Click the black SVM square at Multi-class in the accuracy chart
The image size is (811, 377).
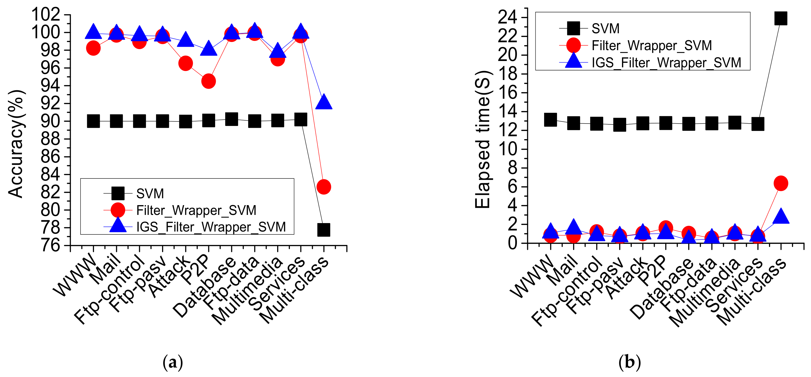(x=324, y=230)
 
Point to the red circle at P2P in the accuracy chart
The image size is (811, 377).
(x=208, y=81)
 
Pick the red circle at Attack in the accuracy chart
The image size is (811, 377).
(x=185, y=64)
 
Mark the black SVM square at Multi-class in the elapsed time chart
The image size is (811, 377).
(x=781, y=18)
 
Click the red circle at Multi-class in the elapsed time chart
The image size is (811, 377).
(x=781, y=183)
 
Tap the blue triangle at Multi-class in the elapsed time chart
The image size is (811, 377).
(x=781, y=217)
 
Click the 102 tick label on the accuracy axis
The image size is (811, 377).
(x=46, y=15)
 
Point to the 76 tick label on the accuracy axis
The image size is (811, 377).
(x=50, y=245)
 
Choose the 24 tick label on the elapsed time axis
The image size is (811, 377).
(x=507, y=17)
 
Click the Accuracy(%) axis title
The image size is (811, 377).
(x=16, y=144)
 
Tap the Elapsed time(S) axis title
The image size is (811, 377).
(x=482, y=139)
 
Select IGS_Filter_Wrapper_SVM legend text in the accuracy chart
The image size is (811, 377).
(x=211, y=227)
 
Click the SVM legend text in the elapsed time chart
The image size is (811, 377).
(x=605, y=29)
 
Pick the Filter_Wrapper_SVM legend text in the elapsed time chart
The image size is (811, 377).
(x=652, y=46)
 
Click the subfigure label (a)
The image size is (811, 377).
(x=173, y=362)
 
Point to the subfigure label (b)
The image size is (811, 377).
(x=629, y=362)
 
